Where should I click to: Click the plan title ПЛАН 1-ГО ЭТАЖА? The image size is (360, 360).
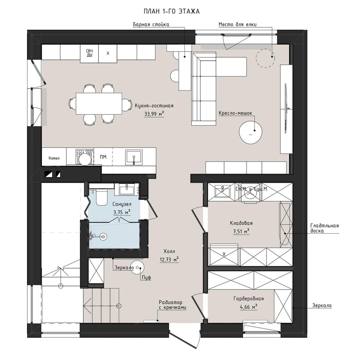tap(172, 11)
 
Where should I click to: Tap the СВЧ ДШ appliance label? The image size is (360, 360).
tap(89, 53)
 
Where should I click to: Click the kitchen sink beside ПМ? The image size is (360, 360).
tap(134, 157)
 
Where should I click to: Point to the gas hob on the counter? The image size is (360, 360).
tap(85, 157)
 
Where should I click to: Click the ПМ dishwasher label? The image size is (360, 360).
tap(103, 157)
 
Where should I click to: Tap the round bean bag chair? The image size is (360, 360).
tap(251, 132)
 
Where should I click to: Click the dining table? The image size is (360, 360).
tap(99, 104)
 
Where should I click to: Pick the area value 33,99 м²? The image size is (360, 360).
tap(154, 114)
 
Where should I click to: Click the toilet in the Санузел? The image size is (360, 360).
tap(101, 197)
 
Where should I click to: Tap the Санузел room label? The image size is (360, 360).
tap(122, 204)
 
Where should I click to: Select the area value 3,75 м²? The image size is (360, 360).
tap(122, 212)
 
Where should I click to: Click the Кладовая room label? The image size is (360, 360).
tap(241, 223)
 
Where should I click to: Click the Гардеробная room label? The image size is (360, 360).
tap(248, 299)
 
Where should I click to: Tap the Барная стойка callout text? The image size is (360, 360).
tap(151, 25)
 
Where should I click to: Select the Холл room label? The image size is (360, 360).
tap(169, 251)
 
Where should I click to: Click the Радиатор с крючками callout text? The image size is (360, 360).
tap(172, 305)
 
